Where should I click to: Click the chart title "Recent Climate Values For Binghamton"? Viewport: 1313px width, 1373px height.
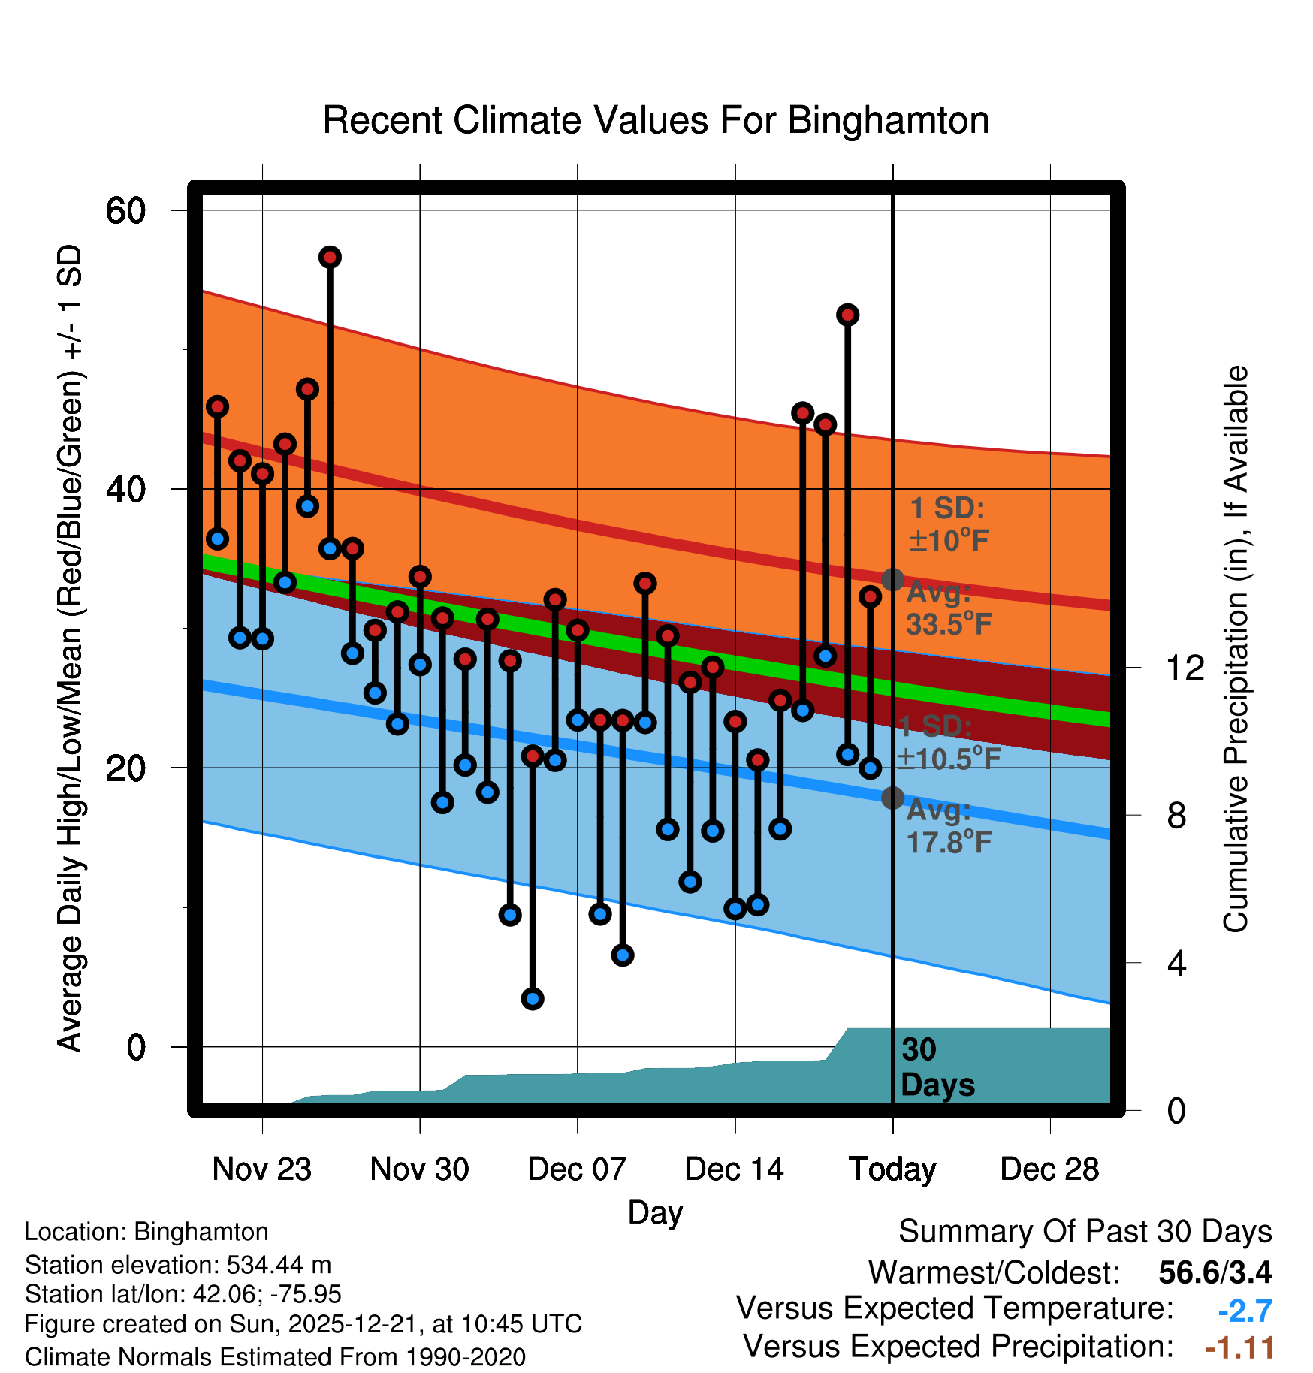click(655, 120)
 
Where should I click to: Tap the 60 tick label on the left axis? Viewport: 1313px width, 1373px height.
click(125, 210)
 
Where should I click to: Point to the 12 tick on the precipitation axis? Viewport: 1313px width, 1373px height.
click(1185, 668)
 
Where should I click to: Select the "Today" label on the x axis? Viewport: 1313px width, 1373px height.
click(892, 1169)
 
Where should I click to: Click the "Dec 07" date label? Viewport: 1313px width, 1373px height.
click(577, 1169)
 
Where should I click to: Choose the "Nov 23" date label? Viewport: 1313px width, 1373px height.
click(261, 1169)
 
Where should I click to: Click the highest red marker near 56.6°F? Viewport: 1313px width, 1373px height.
click(330, 258)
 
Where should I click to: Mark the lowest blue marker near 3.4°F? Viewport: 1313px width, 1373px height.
click(533, 999)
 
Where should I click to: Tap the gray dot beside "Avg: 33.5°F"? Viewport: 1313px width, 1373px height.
click(892, 580)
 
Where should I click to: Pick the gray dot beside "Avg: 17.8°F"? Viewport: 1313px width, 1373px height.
click(892, 798)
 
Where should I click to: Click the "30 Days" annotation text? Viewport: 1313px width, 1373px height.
click(937, 1067)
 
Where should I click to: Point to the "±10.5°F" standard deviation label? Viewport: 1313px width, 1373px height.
click(949, 759)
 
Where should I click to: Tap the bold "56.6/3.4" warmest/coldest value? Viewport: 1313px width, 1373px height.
click(1215, 1272)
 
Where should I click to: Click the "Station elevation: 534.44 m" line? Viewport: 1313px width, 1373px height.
click(178, 1265)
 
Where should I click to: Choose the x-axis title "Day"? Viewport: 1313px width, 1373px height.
click(655, 1212)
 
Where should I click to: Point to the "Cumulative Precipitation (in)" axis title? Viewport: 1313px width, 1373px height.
click(1236, 649)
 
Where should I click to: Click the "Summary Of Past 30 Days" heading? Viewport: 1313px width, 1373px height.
click(1085, 1232)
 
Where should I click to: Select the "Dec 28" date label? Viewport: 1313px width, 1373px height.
click(1049, 1169)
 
